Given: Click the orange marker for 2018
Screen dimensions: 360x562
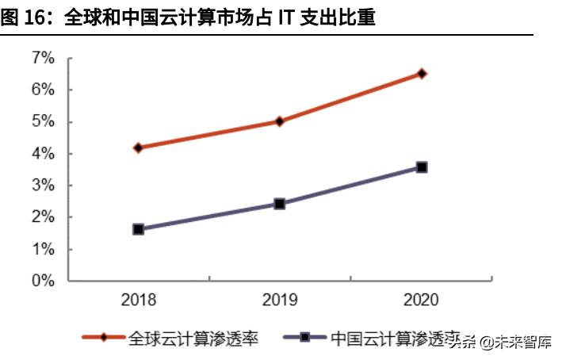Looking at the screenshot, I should pyautogui.click(x=138, y=147).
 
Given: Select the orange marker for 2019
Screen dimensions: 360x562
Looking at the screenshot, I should pyautogui.click(x=280, y=121).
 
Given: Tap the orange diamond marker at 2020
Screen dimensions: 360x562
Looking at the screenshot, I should pyautogui.click(x=422, y=74).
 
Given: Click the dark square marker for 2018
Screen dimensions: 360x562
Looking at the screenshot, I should pyautogui.click(x=138, y=229).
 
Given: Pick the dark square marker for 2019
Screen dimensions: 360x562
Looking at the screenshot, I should pyautogui.click(x=280, y=204).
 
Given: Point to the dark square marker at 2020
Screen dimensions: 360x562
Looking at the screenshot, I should pyautogui.click(x=422, y=167).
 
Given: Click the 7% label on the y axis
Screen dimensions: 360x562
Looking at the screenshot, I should pyautogui.click(x=43, y=58).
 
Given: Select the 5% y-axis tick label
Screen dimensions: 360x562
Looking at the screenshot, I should pyautogui.click(x=43, y=121).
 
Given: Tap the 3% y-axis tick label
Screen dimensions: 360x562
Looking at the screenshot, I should pyautogui.click(x=43, y=186).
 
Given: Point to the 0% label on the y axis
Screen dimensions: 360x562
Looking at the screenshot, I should pyautogui.click(x=43, y=281).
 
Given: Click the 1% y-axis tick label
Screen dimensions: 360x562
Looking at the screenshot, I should pyautogui.click(x=43, y=249).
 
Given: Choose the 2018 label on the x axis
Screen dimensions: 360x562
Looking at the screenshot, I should pyautogui.click(x=138, y=301).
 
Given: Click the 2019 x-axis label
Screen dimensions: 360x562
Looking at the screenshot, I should pyautogui.click(x=280, y=301).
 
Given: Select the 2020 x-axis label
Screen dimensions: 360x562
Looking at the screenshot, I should pyautogui.click(x=421, y=301).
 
